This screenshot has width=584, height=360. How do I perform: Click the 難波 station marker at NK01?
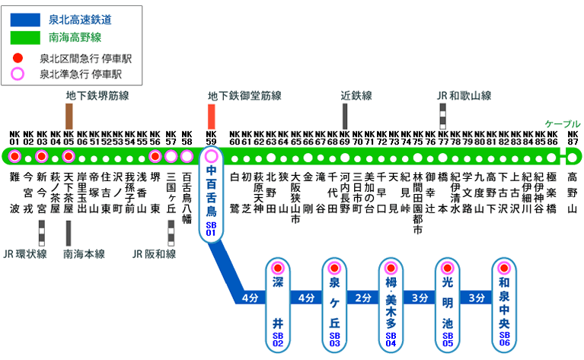click(x=14, y=157)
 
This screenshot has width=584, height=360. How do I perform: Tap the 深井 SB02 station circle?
click(x=277, y=268)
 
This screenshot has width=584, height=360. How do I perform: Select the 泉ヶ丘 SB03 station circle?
click(x=333, y=268)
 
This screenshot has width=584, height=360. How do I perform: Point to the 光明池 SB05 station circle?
click(x=447, y=268)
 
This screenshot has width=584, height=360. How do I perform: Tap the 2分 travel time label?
click(x=362, y=298)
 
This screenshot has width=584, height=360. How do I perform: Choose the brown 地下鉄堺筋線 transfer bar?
click(x=69, y=116)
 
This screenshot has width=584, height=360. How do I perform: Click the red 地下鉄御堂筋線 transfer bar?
click(x=212, y=116)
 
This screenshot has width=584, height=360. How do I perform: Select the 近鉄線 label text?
click(x=356, y=96)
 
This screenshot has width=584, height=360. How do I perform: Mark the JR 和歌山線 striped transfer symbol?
click(x=443, y=116)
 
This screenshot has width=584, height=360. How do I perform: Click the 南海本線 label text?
click(x=84, y=253)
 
